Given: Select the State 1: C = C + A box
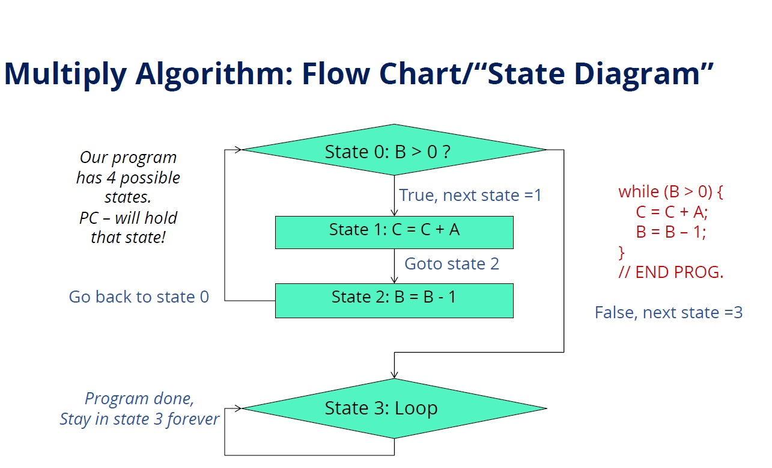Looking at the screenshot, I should [394, 232].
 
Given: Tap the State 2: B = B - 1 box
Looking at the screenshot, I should [394, 300].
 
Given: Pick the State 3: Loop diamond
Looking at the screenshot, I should [394, 408].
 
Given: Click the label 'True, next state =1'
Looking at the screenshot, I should [470, 196].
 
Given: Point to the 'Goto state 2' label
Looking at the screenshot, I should [452, 264].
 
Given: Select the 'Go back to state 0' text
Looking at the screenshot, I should [139, 297].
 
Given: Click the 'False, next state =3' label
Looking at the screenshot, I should [669, 313].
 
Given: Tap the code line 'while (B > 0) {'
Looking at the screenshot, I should [670, 192].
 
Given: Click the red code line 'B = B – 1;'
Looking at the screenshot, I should [671, 232].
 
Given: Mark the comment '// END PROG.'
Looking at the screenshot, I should [671, 272].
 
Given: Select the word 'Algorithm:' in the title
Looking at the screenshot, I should [214, 73].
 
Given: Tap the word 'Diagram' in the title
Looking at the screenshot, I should [637, 73].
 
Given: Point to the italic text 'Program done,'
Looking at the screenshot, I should [139, 399].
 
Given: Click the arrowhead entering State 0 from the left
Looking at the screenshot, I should [239, 150].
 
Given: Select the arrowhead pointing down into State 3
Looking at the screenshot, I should [394, 375].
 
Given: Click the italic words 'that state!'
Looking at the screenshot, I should [128, 238].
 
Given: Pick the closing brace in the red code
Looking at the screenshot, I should [622, 252].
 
